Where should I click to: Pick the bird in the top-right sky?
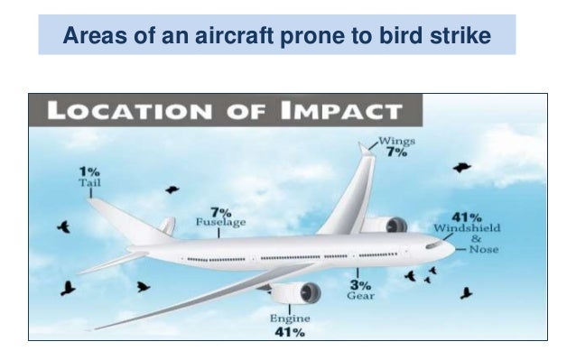(462, 167)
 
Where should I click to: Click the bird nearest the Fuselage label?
(172, 189)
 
